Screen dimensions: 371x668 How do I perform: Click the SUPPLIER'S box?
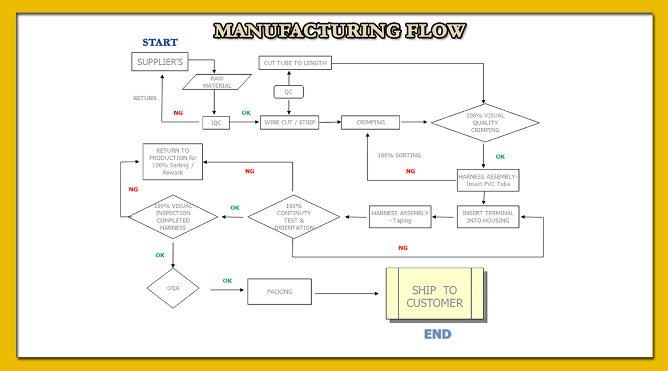[x=160, y=62]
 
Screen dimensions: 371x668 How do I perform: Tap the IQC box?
[x=216, y=122]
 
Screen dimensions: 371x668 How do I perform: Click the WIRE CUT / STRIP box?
[x=289, y=122]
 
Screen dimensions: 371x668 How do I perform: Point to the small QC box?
[x=288, y=92]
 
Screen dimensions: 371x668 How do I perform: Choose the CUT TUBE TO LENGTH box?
[x=295, y=63]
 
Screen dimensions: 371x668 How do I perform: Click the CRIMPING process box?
[x=371, y=122]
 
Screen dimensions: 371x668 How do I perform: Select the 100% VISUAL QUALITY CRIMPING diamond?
[x=485, y=123]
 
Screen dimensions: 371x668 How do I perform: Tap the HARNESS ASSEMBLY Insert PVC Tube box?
[x=488, y=180]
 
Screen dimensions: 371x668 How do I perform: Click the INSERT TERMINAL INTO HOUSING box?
[x=488, y=217]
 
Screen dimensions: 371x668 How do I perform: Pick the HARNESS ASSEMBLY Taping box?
[x=400, y=217]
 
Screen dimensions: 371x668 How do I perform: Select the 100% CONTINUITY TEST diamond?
[x=293, y=217]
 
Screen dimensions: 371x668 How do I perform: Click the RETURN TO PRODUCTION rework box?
[x=172, y=162]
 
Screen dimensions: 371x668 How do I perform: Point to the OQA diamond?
[x=173, y=288]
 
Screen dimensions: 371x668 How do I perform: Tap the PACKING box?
[x=279, y=292]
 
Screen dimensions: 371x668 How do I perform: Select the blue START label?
[x=160, y=42]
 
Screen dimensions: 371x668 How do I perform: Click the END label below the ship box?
[x=437, y=334]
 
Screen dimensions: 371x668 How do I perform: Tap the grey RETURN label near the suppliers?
[x=145, y=98]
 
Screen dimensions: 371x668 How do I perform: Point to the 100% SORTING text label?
[x=399, y=155]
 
